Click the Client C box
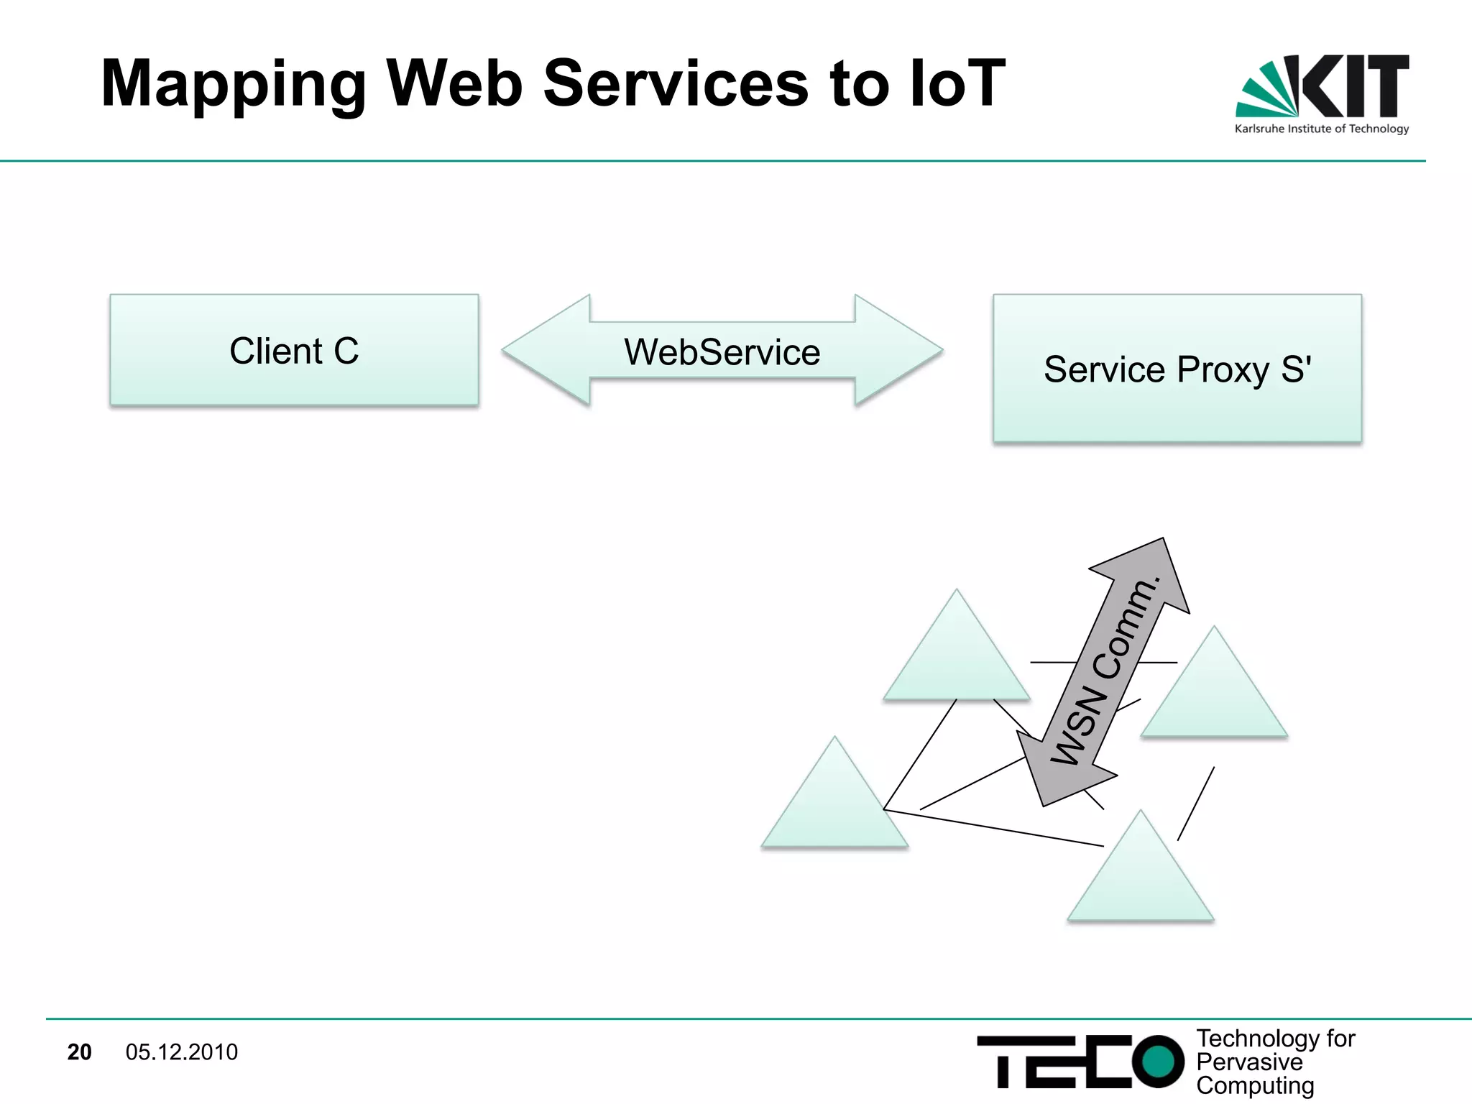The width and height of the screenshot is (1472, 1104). click(294, 351)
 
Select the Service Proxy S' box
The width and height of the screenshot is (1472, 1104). click(1177, 369)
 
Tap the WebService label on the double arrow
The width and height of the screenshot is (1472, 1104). click(722, 352)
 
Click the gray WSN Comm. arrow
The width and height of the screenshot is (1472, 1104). click(1103, 672)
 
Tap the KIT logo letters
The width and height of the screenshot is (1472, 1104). click(1355, 86)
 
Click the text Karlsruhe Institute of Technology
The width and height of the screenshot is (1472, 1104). click(1321, 129)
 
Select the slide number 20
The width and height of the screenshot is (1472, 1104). click(79, 1052)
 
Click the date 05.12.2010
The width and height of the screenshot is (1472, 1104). click(181, 1052)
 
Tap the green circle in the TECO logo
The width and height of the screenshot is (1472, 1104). click(1157, 1061)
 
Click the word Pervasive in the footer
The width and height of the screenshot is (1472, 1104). click(1249, 1062)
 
